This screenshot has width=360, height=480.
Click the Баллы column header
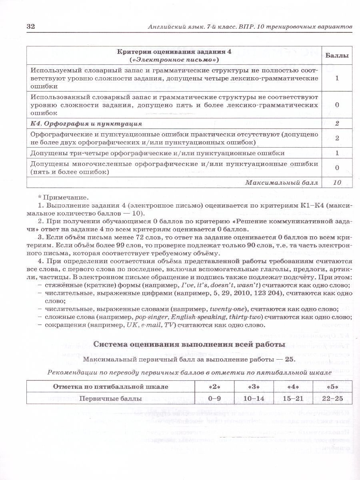pyautogui.click(x=336, y=56)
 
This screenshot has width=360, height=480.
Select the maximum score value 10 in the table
pyautogui.click(x=337, y=182)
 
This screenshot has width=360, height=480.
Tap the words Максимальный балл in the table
pyautogui.click(x=282, y=182)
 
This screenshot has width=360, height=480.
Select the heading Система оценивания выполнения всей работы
pyautogui.click(x=189, y=344)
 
